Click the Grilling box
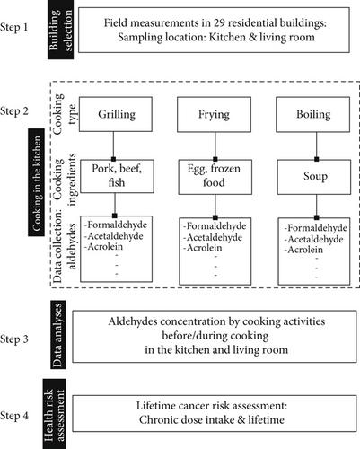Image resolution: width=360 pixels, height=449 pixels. (116, 114)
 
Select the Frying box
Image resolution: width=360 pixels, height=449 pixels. (214, 114)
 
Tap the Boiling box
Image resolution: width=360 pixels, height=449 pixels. (312, 114)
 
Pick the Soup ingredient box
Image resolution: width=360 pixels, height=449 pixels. (314, 177)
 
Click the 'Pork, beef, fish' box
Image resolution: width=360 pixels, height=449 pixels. (117, 176)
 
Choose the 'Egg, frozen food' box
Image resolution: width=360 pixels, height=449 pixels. (215, 177)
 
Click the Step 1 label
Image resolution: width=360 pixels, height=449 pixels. (13, 28)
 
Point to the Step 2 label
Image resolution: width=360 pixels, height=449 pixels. (14, 111)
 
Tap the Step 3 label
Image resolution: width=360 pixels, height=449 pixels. (14, 339)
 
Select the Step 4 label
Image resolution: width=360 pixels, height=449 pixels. (14, 416)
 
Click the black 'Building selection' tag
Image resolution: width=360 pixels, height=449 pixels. (61, 30)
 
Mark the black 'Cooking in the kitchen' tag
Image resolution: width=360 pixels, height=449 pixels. (37, 182)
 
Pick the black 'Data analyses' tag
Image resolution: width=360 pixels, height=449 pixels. (57, 334)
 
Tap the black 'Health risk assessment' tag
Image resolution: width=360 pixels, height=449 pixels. (54, 414)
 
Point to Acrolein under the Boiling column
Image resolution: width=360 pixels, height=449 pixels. (303, 250)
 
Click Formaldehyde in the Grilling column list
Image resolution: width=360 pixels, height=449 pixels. (116, 224)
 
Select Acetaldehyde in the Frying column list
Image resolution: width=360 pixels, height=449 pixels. (213, 238)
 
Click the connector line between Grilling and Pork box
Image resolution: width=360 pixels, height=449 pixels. (113, 145)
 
